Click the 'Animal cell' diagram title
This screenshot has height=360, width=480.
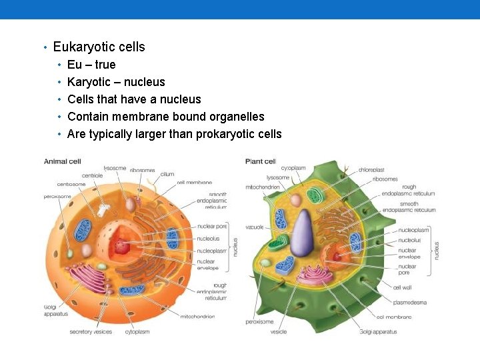point(63,161)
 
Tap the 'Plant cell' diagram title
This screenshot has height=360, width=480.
point(261,161)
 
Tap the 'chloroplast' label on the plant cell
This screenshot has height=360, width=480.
point(371,170)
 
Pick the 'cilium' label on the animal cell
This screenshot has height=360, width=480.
point(167,174)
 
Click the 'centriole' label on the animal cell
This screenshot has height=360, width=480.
point(93,175)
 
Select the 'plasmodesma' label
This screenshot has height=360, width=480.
point(410,302)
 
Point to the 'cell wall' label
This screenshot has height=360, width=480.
point(402,287)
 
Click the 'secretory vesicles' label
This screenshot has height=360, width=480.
point(91,331)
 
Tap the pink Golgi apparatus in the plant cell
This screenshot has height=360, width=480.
point(313,273)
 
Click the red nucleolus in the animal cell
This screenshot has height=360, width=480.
point(123,247)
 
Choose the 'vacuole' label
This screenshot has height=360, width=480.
point(255,227)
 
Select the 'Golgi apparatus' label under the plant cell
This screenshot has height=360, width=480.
point(378,331)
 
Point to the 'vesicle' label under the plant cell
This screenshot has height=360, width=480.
point(279,331)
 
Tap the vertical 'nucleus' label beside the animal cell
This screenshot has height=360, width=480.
point(235,247)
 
